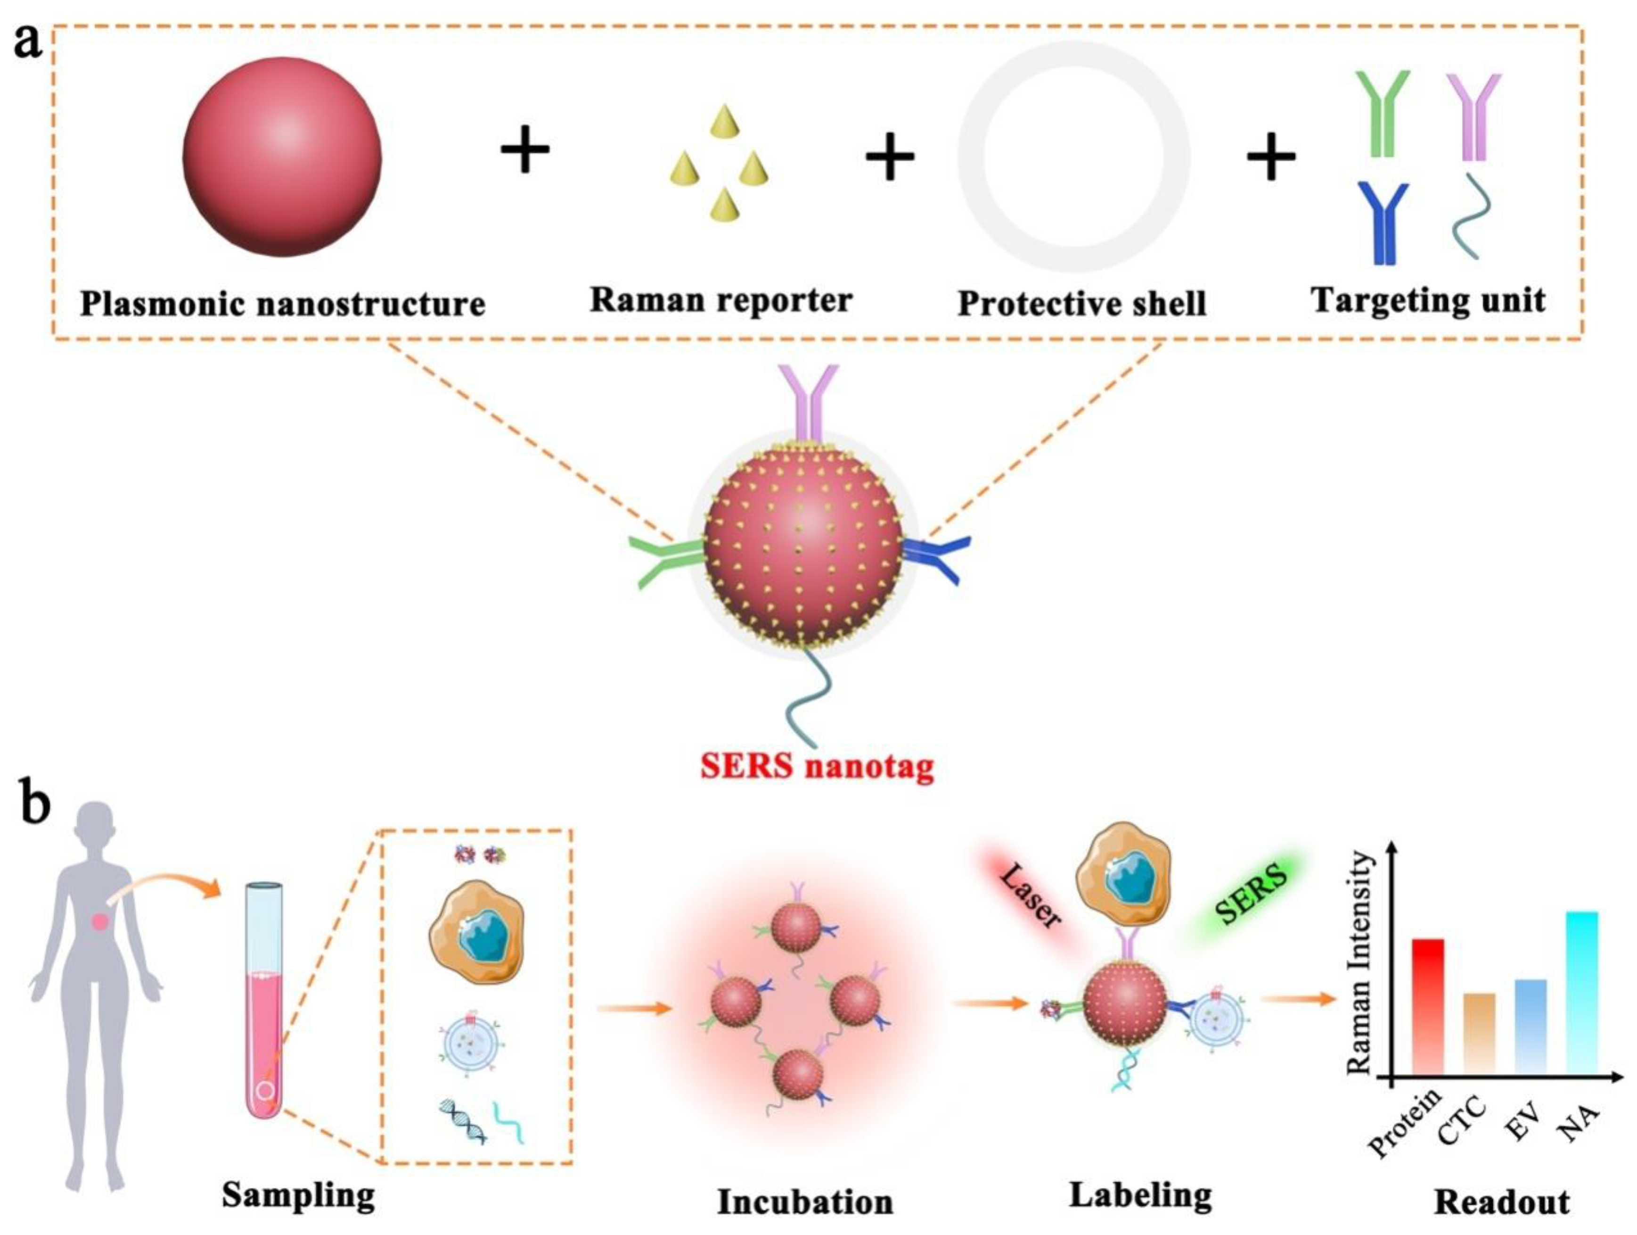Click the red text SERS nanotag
pos(817,766)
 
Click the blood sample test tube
pos(264,1000)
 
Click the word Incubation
pos(805,1202)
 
